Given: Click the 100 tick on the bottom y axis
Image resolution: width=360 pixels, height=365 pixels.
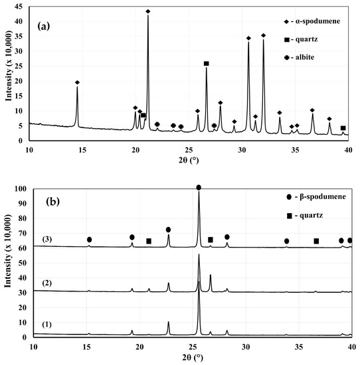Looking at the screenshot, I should click(20, 189).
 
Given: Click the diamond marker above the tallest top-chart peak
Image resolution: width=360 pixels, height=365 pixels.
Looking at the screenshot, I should click(148, 11).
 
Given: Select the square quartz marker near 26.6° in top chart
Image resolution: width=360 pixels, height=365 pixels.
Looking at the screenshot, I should click(206, 64).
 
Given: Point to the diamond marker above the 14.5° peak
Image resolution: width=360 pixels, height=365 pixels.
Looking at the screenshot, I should click(78, 82).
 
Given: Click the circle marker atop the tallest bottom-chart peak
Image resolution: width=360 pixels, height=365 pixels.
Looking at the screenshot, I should click(199, 188).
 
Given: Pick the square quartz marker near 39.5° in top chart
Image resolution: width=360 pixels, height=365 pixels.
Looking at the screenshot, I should click(343, 128).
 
